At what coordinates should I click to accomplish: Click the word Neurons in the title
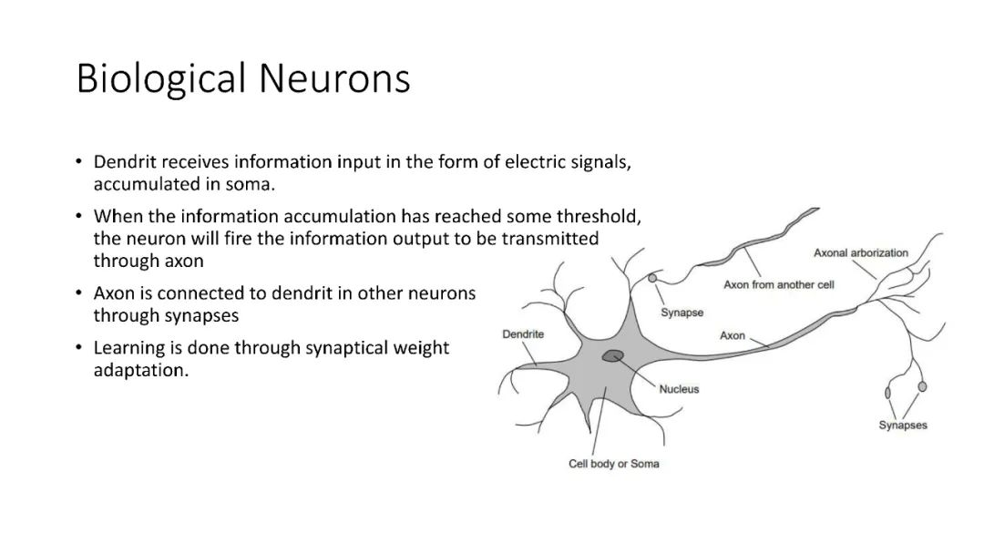[334, 79]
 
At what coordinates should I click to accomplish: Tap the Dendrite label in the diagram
[523, 334]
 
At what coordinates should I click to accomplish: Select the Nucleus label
[679, 389]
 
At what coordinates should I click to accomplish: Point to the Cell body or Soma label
[613, 464]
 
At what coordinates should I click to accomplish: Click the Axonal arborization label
[860, 252]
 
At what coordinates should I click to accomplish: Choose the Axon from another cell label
[779, 285]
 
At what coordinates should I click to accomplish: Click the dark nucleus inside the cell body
[613, 356]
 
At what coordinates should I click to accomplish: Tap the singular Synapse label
[682, 313]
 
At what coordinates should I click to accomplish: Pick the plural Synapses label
[903, 426]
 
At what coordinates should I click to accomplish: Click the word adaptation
[141, 371]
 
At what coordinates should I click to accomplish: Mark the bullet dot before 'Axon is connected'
[80, 294]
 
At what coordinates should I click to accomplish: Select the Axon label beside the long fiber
[733, 336]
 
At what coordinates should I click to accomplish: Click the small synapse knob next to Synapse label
[652, 277]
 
